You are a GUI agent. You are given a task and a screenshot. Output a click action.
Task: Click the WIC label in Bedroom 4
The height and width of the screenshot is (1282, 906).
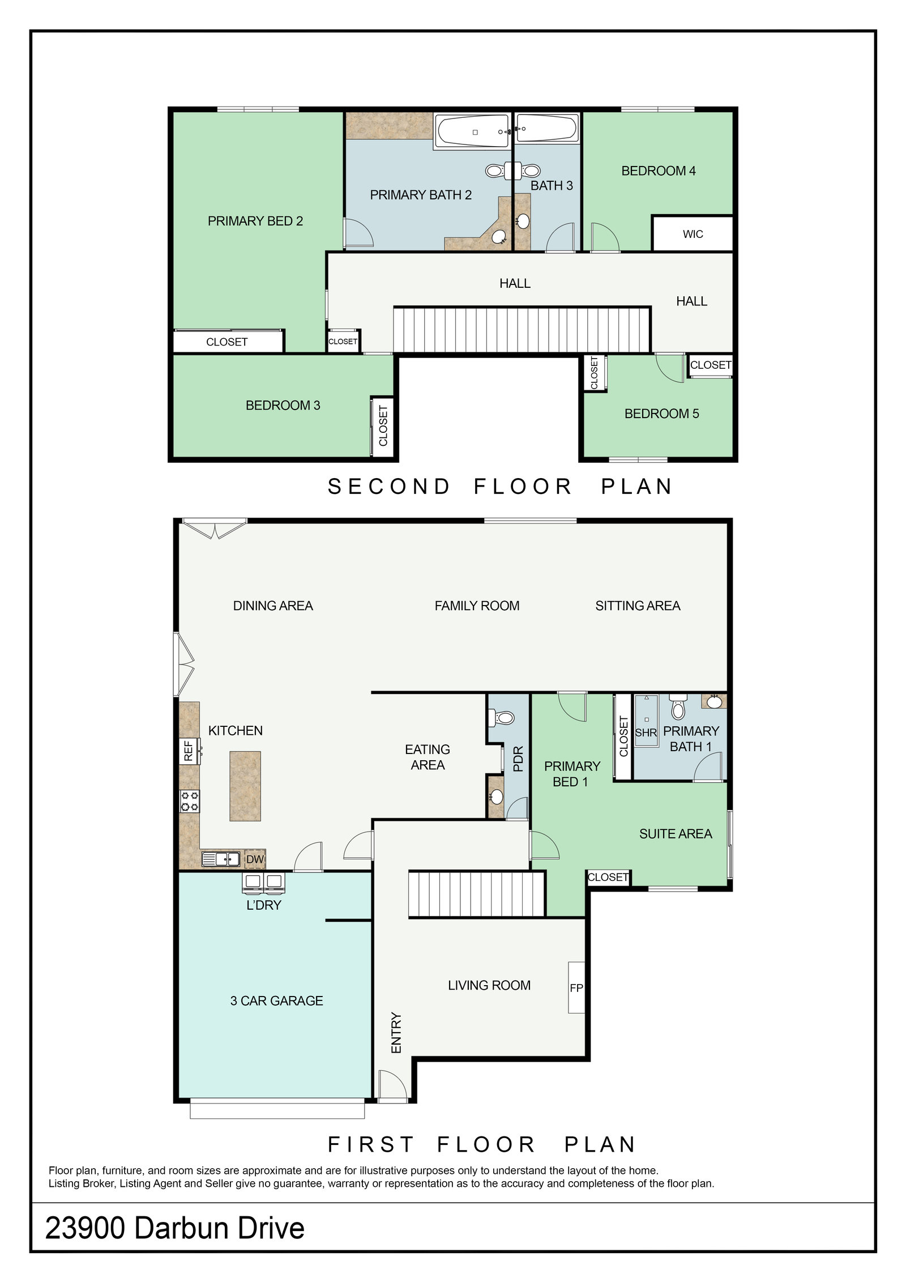(693, 234)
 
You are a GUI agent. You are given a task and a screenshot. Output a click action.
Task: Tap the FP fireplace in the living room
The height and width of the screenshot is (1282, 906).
(576, 987)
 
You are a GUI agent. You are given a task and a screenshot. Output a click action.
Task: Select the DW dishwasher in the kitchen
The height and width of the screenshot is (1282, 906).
(255, 859)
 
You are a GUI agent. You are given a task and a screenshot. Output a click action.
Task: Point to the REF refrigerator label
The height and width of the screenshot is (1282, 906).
(189, 751)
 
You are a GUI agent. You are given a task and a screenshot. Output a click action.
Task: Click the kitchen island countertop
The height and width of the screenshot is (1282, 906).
(245, 786)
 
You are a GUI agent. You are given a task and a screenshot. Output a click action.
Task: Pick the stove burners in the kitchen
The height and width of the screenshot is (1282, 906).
(190, 802)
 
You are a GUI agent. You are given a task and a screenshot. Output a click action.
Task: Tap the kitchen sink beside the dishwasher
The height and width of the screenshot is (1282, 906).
(221, 859)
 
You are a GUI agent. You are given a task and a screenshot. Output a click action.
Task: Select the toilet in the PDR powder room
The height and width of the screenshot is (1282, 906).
(502, 718)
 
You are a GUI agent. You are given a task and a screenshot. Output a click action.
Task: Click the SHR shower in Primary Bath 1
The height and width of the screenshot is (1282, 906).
(646, 721)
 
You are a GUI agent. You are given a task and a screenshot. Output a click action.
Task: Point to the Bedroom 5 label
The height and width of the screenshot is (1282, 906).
(661, 414)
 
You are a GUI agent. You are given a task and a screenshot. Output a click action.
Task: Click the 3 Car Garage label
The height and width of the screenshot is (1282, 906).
(276, 1000)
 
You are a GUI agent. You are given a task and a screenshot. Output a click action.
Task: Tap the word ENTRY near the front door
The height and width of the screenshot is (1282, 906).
(396, 1032)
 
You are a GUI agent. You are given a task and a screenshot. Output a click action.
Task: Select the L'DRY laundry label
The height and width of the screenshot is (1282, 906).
(264, 905)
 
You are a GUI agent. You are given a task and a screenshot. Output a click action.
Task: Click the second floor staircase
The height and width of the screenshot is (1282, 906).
(522, 330)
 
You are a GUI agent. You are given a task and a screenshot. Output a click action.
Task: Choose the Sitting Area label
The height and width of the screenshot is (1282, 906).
(638, 606)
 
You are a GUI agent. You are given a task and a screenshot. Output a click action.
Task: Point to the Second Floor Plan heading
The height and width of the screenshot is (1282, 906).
(501, 487)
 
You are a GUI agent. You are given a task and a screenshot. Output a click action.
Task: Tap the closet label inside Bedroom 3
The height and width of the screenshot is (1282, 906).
(383, 425)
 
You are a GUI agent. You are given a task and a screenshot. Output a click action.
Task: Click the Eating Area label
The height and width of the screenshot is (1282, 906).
(428, 757)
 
